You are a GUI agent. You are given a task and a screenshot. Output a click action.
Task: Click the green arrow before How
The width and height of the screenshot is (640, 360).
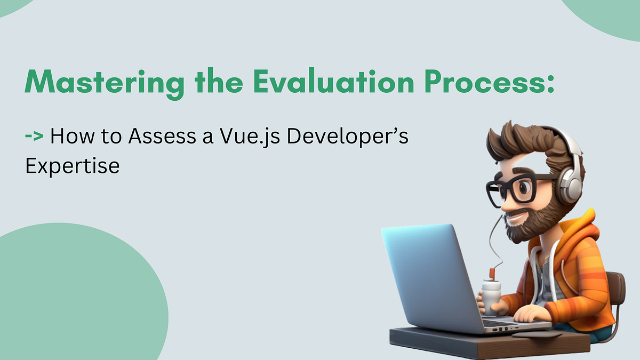35,137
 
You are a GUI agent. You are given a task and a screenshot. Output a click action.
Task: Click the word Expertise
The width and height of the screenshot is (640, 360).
73,166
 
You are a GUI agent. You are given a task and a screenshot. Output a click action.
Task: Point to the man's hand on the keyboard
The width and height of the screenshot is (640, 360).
528,315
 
